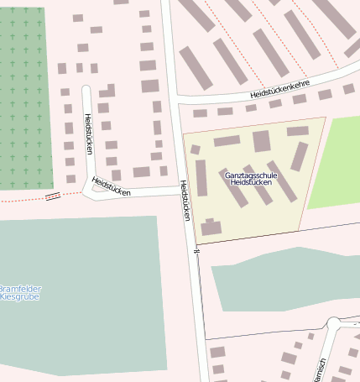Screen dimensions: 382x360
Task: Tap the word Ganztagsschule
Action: click(x=251, y=175)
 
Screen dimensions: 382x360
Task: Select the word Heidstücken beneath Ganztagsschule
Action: click(x=251, y=182)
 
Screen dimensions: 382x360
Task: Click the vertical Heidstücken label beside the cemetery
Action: click(x=87, y=133)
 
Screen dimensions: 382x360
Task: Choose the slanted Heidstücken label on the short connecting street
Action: click(x=112, y=187)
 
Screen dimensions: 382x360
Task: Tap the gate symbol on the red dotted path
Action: click(x=52, y=196)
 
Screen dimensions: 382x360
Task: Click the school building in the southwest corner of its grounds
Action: click(x=211, y=227)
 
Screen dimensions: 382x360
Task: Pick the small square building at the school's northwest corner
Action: click(x=196, y=149)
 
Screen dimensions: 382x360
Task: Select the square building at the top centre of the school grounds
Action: click(x=262, y=140)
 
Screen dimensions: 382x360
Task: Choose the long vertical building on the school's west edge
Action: click(x=201, y=177)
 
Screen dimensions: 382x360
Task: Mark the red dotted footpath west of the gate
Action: click(x=21, y=200)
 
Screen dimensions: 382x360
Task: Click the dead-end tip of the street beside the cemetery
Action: click(x=86, y=87)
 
